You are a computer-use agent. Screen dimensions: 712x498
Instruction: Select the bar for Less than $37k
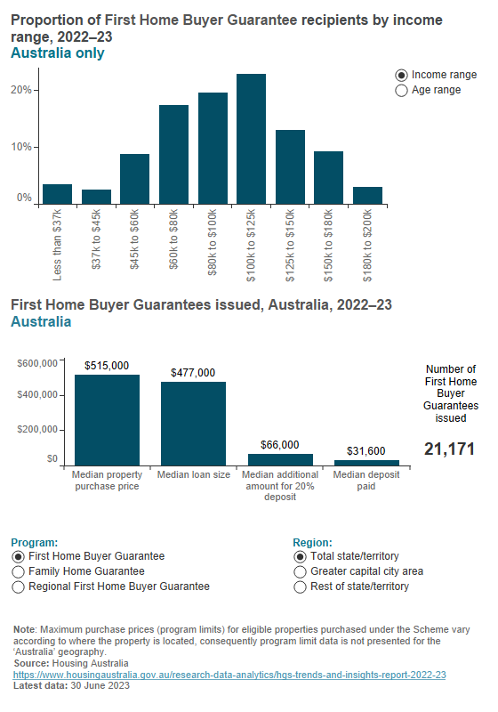click(x=57, y=195)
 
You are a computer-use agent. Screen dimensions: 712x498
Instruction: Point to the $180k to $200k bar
click(x=367, y=196)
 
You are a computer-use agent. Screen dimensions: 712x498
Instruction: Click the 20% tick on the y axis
click(x=21, y=90)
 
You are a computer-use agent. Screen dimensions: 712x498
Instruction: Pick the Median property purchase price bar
click(x=107, y=419)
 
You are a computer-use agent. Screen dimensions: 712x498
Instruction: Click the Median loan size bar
click(x=193, y=423)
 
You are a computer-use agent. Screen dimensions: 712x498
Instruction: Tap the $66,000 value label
click(x=279, y=444)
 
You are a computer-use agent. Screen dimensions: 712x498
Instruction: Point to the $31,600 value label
click(x=365, y=450)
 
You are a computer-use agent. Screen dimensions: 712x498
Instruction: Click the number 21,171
click(x=450, y=450)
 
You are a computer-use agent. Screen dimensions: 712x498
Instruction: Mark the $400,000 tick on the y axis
click(x=37, y=395)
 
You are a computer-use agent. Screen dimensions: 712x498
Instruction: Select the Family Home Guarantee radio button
click(x=19, y=571)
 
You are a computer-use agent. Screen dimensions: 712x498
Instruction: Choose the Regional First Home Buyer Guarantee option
click(x=19, y=587)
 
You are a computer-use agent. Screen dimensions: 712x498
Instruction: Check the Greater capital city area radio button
click(x=301, y=571)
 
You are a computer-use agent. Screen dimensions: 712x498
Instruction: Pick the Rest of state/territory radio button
click(x=301, y=587)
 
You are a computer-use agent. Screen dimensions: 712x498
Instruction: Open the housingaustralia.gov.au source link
click(x=229, y=676)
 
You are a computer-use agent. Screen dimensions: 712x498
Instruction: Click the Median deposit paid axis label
click(x=365, y=475)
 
